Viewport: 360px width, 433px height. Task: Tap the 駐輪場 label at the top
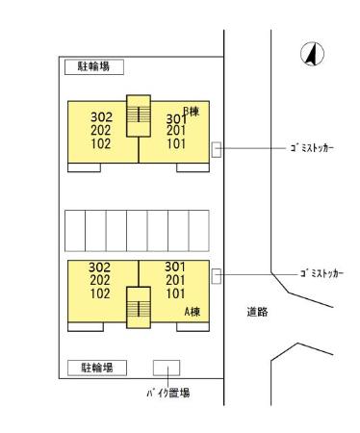[x=94, y=67]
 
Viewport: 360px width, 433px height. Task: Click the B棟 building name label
[x=190, y=111]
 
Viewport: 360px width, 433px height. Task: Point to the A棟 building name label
[x=192, y=312]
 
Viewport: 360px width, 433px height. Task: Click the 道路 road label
[x=257, y=312]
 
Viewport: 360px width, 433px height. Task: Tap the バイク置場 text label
[x=167, y=393]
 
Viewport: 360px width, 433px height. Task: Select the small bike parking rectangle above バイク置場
[x=167, y=369]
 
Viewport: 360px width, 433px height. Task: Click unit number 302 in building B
[x=100, y=118]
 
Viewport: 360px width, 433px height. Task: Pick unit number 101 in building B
[x=175, y=145]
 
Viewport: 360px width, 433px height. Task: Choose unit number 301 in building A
[x=174, y=267]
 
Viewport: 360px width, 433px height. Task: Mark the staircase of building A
[x=140, y=307]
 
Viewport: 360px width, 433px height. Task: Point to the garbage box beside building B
[x=217, y=149]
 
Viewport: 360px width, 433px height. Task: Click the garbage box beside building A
[x=217, y=276]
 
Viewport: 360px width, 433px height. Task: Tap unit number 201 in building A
[x=174, y=280]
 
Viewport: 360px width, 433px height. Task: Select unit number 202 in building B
[x=100, y=132]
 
